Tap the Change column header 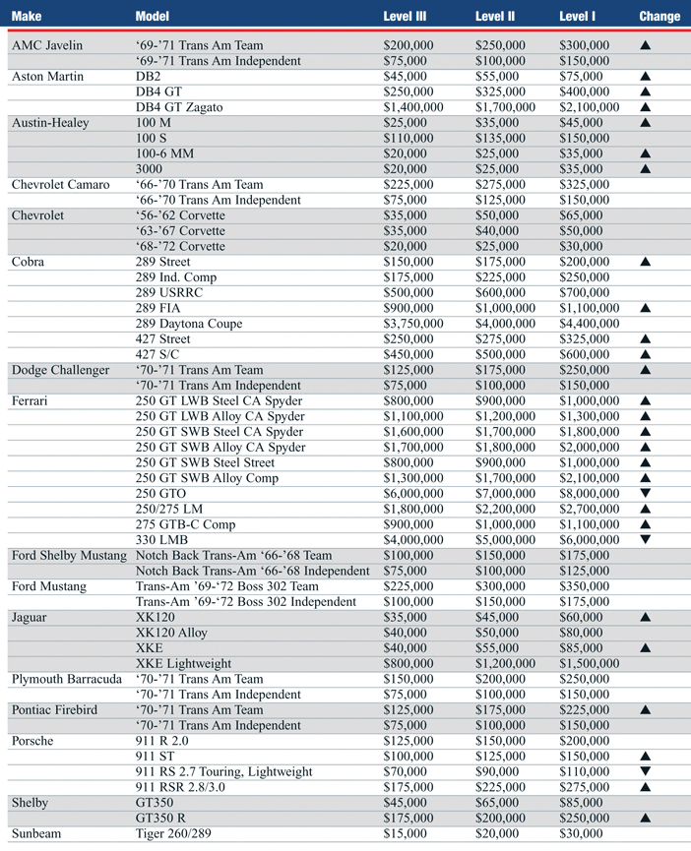pyautogui.click(x=659, y=16)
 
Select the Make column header pyautogui.click(x=27, y=16)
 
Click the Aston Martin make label pyautogui.click(x=46, y=76)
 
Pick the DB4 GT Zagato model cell pyautogui.click(x=183, y=106)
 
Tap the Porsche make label pyautogui.click(x=32, y=741)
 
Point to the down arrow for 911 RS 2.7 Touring pyautogui.click(x=646, y=772)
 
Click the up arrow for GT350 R pyautogui.click(x=646, y=819)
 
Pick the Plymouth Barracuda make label pyautogui.click(x=67, y=679)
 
